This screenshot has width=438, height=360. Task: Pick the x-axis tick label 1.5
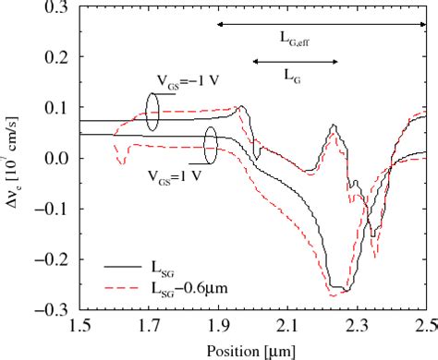(x=80, y=326)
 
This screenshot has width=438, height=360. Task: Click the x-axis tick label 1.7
(x=150, y=326)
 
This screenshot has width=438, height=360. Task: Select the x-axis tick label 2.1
(x=288, y=326)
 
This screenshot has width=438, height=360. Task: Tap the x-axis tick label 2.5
(x=425, y=326)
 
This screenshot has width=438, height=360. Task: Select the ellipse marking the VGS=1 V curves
(x=212, y=144)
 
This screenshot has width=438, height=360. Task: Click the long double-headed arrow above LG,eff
(x=322, y=23)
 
